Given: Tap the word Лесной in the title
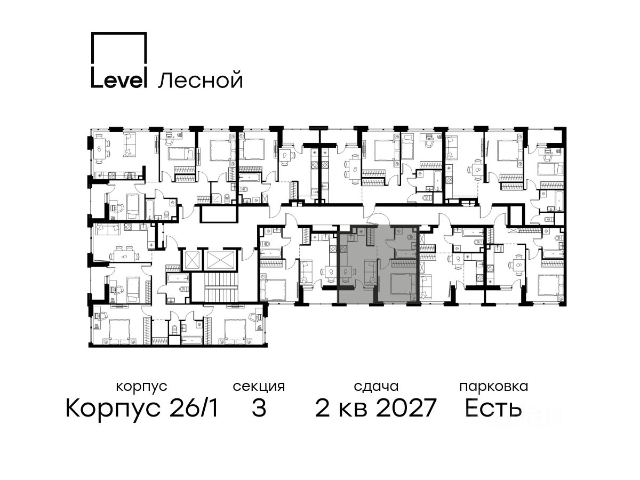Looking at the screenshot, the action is coord(201,80).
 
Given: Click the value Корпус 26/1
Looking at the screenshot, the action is coord(142,409).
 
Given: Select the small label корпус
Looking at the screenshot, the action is coord(142,387).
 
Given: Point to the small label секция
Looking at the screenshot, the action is coord(259,387).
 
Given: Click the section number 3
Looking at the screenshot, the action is coord(259,409).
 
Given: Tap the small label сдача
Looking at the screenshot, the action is coord(376,387).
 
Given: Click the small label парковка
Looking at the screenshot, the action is coord(494,387).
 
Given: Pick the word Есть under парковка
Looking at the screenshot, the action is coord(493,409).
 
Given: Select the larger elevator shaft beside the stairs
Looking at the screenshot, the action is coord(220,259).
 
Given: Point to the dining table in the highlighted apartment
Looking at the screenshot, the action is coord(346,272).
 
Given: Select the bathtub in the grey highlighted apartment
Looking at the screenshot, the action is coord(405,253).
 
